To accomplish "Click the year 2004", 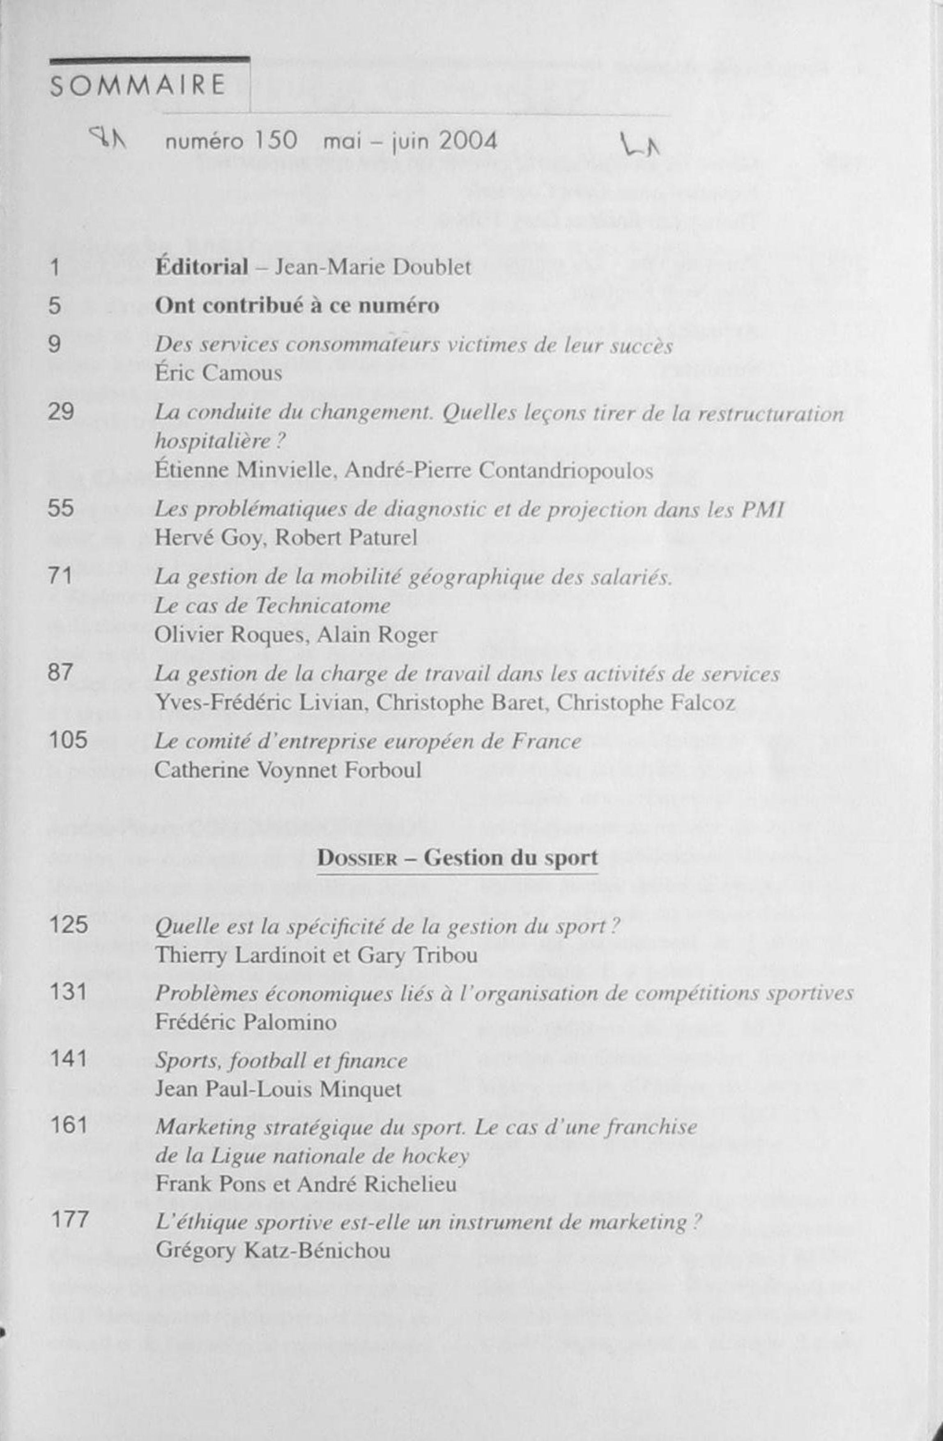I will (468, 142).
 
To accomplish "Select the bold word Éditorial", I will (202, 267).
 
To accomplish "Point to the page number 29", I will (60, 412).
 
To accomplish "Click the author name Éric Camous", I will (218, 374).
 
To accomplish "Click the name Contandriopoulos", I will (566, 470).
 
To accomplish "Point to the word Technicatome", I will (322, 606).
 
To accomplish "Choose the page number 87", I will (60, 673).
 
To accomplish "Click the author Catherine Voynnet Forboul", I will (288, 770).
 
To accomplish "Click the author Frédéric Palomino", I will (246, 1023).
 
